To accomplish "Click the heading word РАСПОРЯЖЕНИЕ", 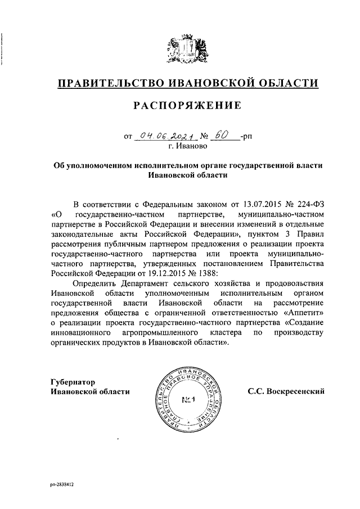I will click(x=188, y=105).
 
